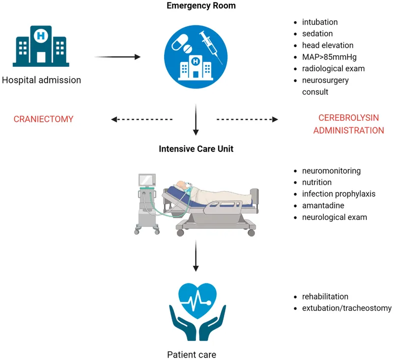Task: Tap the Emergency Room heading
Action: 201,6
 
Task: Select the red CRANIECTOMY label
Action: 43,119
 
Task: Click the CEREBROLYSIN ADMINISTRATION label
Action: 348,124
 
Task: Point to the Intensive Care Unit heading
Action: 196,149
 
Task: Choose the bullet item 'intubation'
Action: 319,22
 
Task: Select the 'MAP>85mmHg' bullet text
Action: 326,57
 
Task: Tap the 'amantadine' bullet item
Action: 323,205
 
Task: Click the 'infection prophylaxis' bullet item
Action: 338,194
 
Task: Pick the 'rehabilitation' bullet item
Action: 325,297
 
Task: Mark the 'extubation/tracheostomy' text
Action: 347,308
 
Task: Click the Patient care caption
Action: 192,354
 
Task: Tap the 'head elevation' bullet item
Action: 327,45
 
